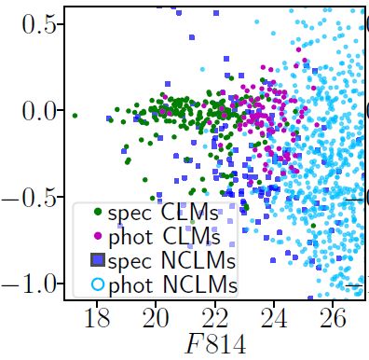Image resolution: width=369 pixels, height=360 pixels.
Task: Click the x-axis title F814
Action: [x=215, y=345]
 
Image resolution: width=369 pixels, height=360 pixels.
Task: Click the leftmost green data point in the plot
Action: [x=75, y=117]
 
